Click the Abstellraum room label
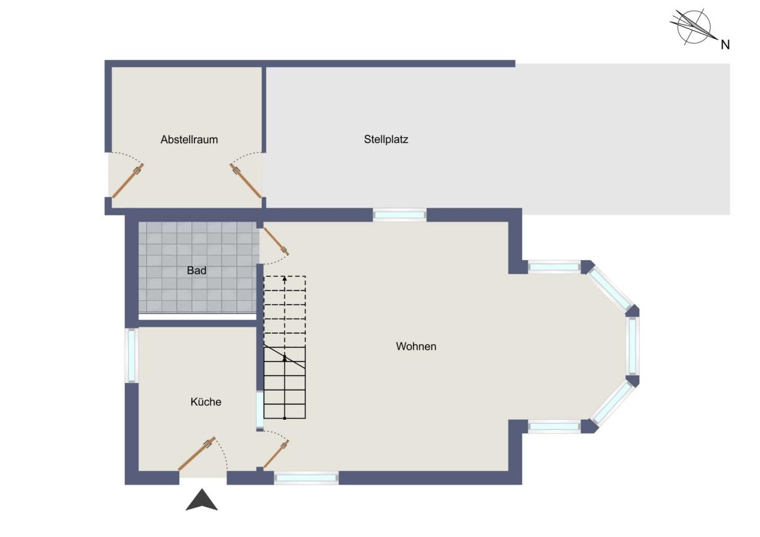click(x=189, y=139)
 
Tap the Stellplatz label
click(x=386, y=139)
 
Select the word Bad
click(x=196, y=270)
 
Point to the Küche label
click(x=206, y=401)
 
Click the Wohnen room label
click(x=416, y=346)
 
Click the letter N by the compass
click(x=725, y=45)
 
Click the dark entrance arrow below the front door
click(x=201, y=500)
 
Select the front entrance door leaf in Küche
click(x=197, y=454)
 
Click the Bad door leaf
click(x=276, y=241)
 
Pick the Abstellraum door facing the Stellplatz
click(x=246, y=181)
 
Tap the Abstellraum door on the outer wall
click(x=128, y=181)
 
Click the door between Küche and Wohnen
click(x=276, y=454)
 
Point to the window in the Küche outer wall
click(x=132, y=355)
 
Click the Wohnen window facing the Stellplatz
click(x=400, y=215)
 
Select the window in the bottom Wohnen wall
click(x=306, y=478)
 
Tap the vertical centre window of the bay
click(x=633, y=346)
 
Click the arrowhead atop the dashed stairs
click(x=284, y=279)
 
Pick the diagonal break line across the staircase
click(x=284, y=357)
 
